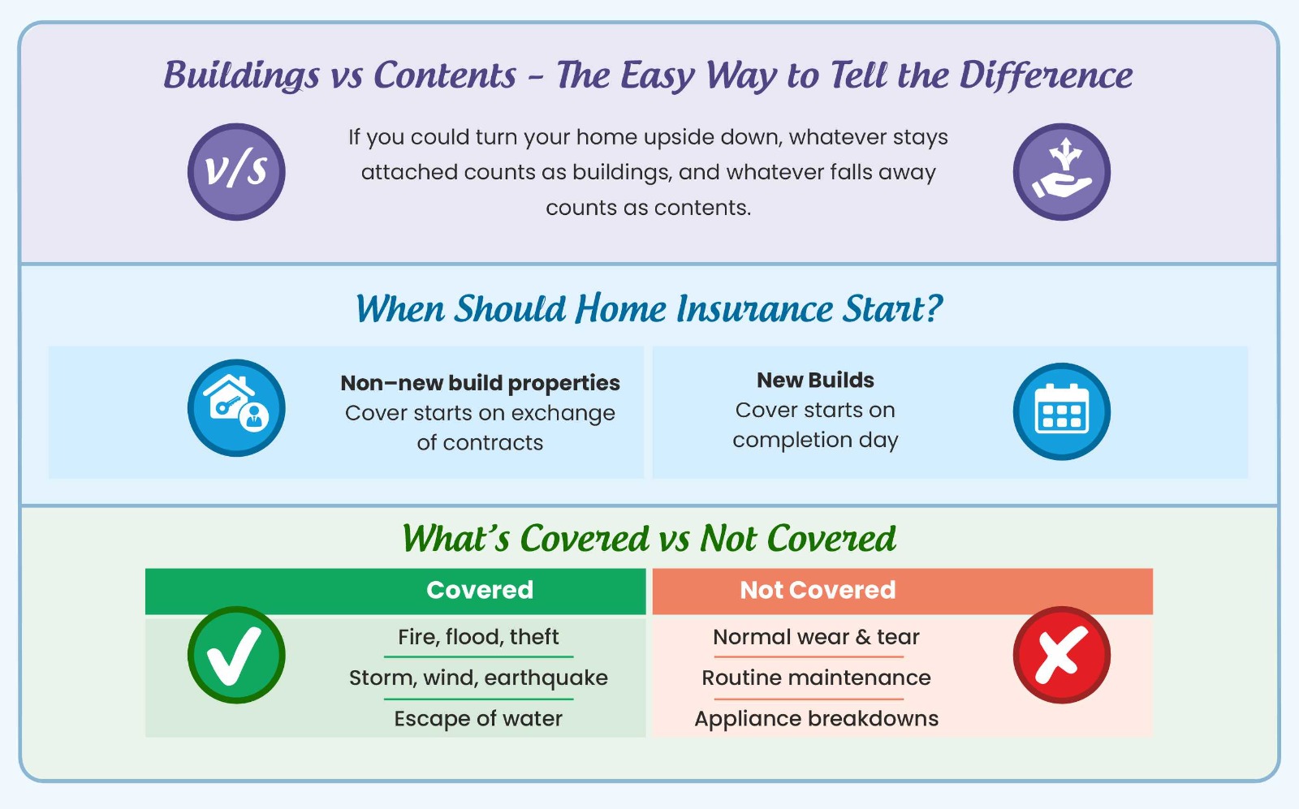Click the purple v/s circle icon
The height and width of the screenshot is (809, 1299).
[236, 171]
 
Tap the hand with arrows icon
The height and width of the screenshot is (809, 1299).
[1061, 171]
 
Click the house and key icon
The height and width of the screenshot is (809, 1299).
[236, 408]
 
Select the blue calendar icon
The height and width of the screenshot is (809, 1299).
[1061, 411]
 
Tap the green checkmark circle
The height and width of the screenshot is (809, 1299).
[236, 655]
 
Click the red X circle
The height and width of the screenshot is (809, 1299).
[1061, 655]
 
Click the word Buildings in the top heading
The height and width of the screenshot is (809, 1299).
[241, 75]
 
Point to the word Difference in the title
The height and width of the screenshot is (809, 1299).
[1046, 75]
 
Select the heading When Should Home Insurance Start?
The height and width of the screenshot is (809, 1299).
[649, 308]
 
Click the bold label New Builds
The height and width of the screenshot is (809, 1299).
[815, 381]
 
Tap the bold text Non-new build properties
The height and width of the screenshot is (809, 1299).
[480, 383]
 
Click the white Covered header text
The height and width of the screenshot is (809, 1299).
[480, 590]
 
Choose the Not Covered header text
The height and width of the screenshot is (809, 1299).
[818, 590]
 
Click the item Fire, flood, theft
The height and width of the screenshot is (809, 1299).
[478, 637]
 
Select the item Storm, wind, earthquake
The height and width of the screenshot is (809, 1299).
[478, 678]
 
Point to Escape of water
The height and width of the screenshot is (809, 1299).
[478, 719]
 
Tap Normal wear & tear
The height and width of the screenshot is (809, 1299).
[816, 637]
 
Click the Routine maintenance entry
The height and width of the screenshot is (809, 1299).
[816, 678]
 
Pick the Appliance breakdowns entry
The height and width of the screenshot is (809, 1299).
[816, 719]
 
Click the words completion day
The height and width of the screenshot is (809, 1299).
[815, 440]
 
